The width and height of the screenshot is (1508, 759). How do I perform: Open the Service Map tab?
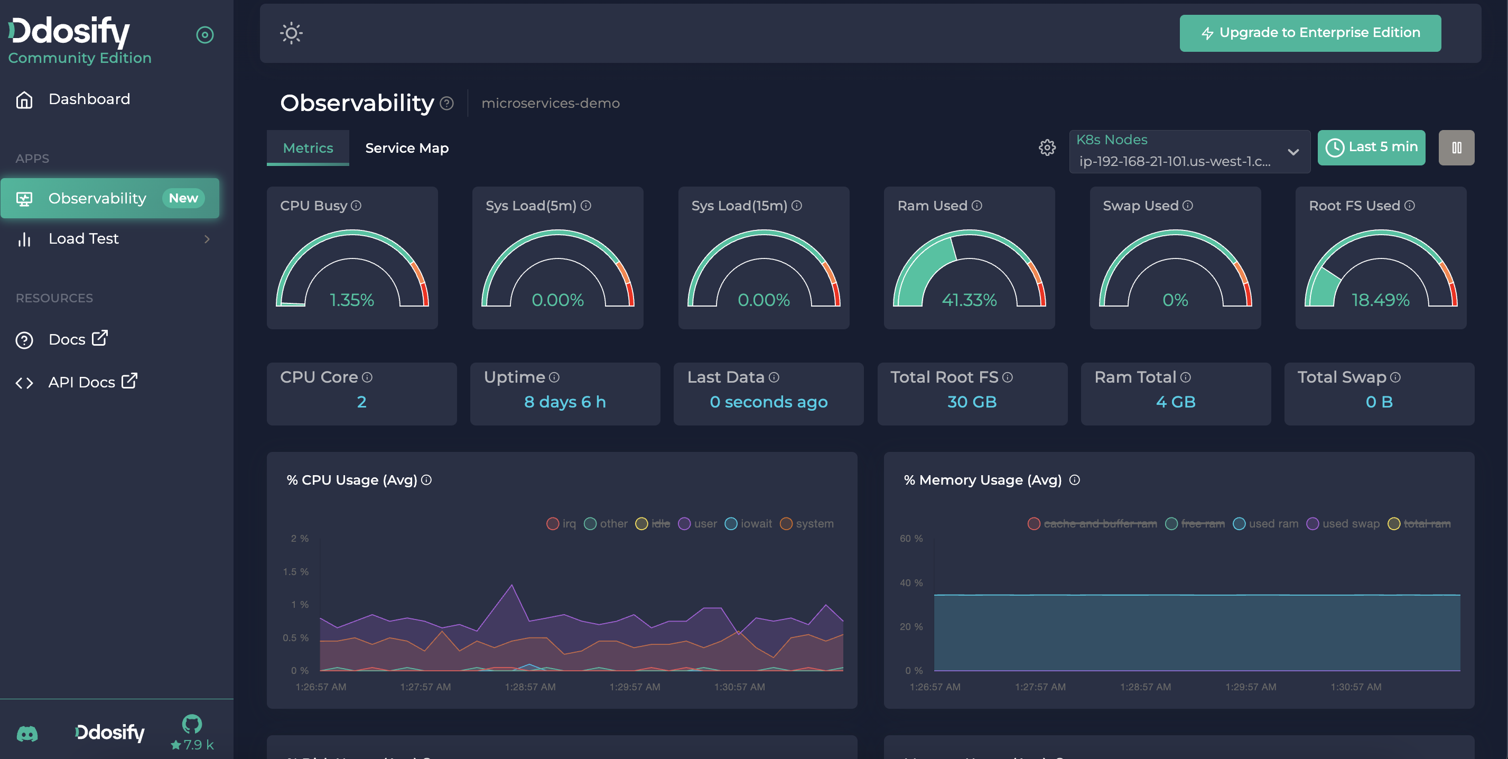[x=406, y=148]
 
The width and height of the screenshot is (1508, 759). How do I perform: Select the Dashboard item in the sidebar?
[x=89, y=99]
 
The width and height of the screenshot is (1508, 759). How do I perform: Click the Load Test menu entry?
[x=83, y=238]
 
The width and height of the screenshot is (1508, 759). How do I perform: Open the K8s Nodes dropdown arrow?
[x=1292, y=152]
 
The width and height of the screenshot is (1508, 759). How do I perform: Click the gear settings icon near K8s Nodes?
[x=1047, y=147]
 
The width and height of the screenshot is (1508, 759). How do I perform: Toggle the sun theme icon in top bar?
[x=291, y=33]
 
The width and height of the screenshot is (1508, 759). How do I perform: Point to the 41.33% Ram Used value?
[x=969, y=300]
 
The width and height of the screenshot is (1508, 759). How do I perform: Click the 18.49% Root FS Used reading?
[x=1380, y=300]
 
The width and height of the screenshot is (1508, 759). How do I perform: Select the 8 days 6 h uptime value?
[x=564, y=402]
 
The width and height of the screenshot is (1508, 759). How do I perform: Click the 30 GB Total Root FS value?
[x=971, y=402]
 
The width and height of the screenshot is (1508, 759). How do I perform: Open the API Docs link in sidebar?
[x=81, y=382]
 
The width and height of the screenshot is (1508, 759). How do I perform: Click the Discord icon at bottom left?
[x=27, y=733]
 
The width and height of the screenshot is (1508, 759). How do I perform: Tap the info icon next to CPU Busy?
[x=356, y=206]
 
